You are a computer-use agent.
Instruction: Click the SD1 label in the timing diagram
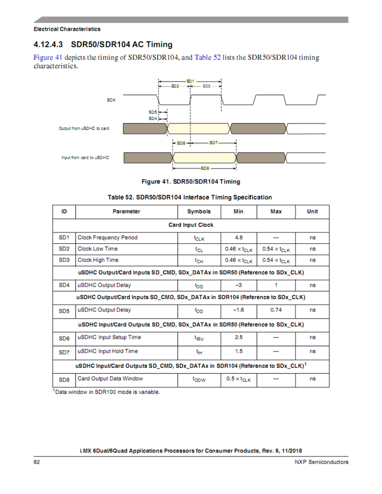click(x=191, y=80)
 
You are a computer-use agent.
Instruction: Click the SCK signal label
click(x=111, y=100)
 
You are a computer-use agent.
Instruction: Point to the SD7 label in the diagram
click(x=213, y=143)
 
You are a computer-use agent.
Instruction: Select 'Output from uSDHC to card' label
click(x=84, y=129)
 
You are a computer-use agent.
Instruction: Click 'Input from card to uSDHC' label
click(x=85, y=158)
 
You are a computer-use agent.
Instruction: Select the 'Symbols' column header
click(x=199, y=212)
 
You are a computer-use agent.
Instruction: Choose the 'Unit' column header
click(x=312, y=212)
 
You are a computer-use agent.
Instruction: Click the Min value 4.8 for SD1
click(x=239, y=237)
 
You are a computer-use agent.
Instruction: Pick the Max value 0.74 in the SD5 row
click(x=276, y=310)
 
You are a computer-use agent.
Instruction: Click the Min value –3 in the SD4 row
click(x=239, y=285)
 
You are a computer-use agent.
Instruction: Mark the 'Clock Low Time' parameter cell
click(x=98, y=249)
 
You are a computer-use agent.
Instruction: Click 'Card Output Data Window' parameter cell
click(x=110, y=379)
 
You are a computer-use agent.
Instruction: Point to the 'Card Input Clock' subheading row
click(x=191, y=225)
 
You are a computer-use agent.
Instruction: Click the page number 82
click(x=37, y=462)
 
